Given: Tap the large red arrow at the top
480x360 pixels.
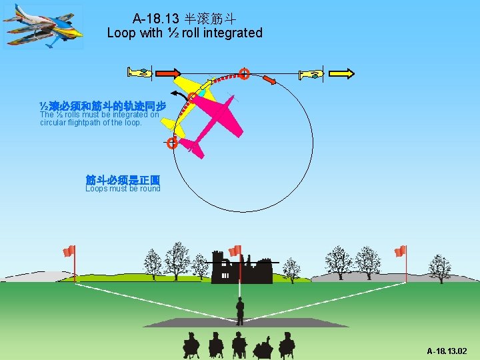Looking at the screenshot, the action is (169, 73).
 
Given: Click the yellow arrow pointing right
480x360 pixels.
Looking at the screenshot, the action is (342, 73).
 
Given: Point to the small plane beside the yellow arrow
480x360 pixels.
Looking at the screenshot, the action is (311, 74).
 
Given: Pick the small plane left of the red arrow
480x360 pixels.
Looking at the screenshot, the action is (141, 73).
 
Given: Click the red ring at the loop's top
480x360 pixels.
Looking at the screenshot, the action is (245, 73).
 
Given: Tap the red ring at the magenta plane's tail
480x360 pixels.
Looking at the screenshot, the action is (172, 143).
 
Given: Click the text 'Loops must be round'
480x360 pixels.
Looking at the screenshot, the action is (123, 189).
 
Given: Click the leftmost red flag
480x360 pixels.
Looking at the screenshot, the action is (69, 251).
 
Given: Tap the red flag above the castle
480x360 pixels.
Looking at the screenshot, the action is (235, 251).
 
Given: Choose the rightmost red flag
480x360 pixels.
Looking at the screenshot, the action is (399, 251).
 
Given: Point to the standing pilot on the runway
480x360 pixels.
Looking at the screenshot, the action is (239, 311).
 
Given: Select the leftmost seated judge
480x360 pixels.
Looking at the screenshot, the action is (191, 345).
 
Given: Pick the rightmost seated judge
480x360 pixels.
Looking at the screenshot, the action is (287, 345).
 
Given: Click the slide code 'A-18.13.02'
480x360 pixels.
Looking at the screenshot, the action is (447, 351).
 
